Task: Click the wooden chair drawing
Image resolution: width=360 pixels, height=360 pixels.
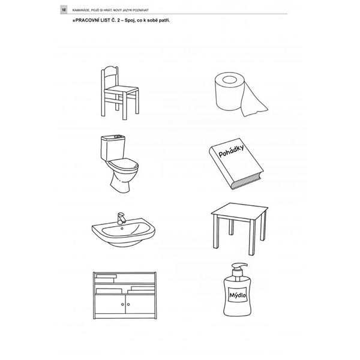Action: [120, 93]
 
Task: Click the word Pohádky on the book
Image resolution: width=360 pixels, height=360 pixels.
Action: [231, 151]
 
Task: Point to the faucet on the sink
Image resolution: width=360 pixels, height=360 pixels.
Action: [121, 218]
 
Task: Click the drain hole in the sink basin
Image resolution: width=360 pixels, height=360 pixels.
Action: [122, 229]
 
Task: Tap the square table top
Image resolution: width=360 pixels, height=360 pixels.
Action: [239, 211]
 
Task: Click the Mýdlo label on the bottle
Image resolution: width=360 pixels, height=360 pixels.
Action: [238, 295]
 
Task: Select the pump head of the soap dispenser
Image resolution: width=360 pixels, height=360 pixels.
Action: [239, 268]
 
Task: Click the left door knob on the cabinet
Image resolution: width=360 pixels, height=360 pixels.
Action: [122, 304]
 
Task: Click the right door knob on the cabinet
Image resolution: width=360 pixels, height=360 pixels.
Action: [128, 304]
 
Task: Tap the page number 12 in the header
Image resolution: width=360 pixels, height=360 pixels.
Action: [64, 10]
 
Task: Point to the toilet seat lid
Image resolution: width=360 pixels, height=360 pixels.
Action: [124, 163]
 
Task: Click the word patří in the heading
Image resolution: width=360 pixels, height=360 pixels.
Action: [165, 20]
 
